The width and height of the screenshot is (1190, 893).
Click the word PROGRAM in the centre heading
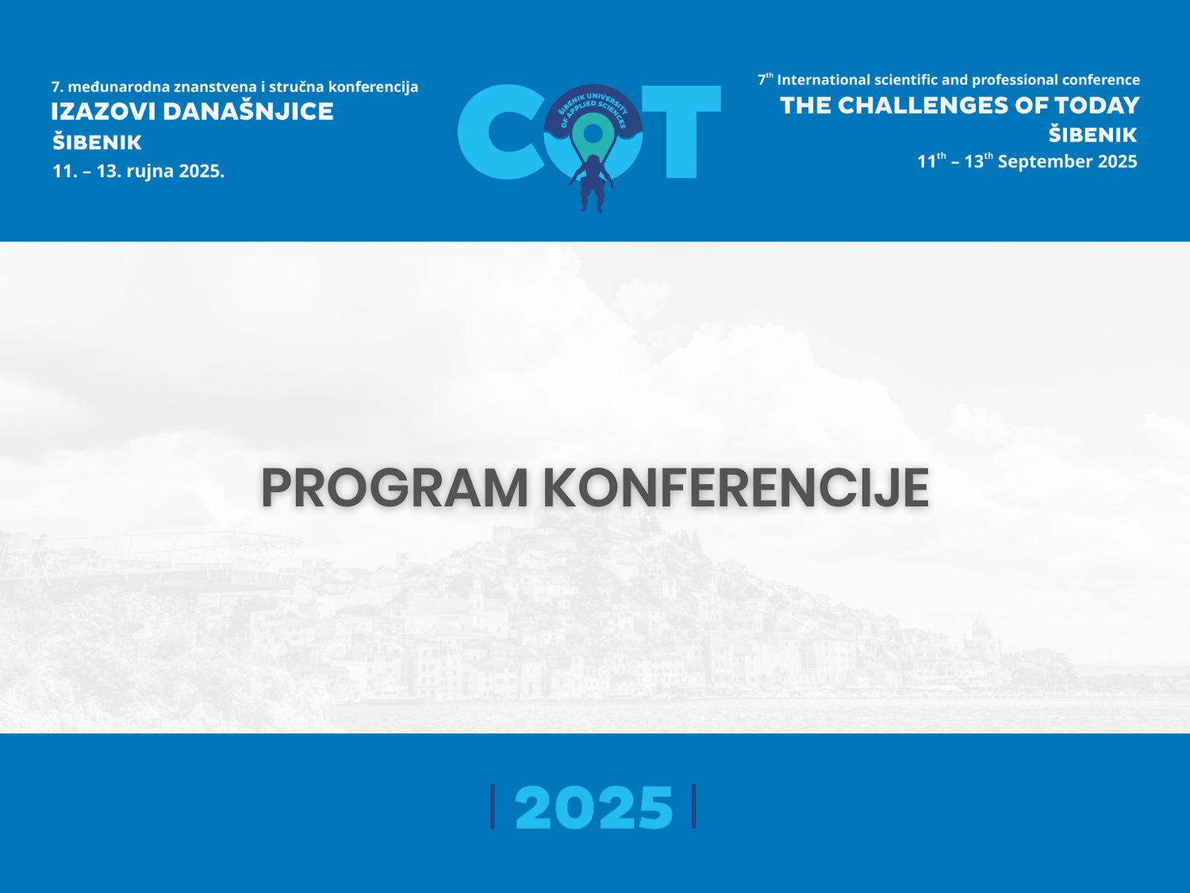[x=394, y=487]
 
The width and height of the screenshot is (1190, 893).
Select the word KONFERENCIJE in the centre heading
[x=736, y=487]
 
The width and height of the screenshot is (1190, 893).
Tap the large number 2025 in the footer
[x=593, y=807]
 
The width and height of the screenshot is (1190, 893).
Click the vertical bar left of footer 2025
[x=493, y=806]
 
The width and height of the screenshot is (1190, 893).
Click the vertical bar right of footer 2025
[x=694, y=806]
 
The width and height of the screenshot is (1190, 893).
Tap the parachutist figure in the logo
[x=592, y=183]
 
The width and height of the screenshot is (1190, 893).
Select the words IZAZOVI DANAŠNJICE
[x=192, y=111]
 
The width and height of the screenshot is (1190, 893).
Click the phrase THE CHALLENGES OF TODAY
[x=960, y=106]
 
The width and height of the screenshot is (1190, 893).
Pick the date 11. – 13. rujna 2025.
[x=138, y=171]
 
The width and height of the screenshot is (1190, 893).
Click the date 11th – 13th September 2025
[x=1027, y=161]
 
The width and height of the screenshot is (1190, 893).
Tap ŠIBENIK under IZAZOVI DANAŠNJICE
[x=97, y=141]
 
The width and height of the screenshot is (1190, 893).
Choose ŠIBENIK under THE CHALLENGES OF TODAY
[x=1092, y=134]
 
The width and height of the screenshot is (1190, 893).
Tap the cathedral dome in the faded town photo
[x=981, y=629]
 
